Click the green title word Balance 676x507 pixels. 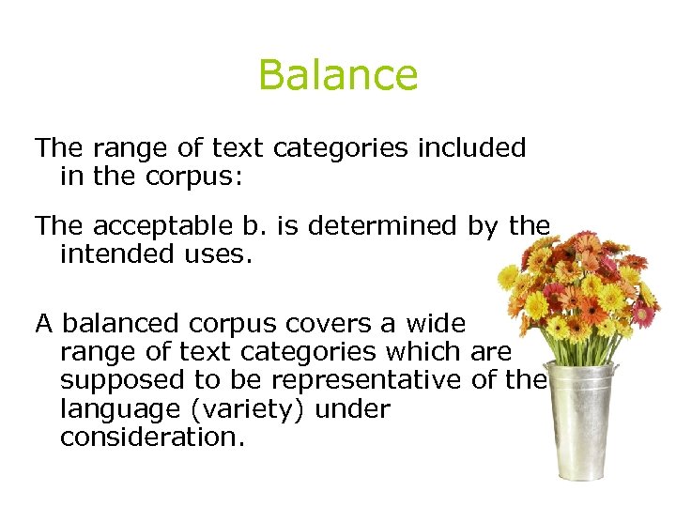(x=338, y=75)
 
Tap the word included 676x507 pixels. (x=471, y=148)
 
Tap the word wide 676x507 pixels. (x=436, y=325)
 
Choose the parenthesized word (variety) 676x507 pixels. (x=249, y=410)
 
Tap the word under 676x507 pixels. (x=356, y=409)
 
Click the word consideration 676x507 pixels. (x=152, y=438)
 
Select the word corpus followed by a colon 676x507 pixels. (x=198, y=177)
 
